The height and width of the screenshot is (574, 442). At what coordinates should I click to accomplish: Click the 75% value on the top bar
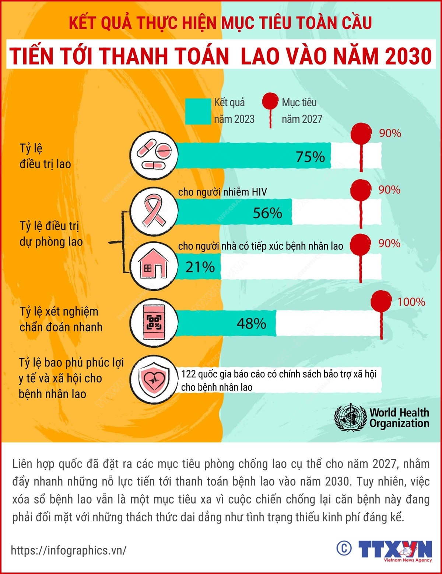[x=310, y=157]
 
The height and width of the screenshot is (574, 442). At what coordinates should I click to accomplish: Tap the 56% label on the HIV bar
[x=267, y=213]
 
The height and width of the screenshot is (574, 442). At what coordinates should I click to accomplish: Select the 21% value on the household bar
[x=200, y=267]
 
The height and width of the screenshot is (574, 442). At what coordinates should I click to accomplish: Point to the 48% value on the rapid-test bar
[x=251, y=324]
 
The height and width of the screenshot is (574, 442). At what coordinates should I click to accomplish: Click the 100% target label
[x=411, y=302]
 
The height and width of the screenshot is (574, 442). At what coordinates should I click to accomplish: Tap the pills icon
[x=154, y=156]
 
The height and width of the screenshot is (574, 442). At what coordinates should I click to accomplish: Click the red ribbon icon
[x=154, y=212]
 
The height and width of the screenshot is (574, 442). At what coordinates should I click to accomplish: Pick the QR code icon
[x=154, y=323]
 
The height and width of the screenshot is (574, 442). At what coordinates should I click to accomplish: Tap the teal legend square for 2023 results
[x=198, y=111]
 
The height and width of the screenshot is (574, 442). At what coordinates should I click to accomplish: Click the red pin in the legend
[x=270, y=101]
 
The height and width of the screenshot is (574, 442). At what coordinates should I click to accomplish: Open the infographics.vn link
[x=69, y=550]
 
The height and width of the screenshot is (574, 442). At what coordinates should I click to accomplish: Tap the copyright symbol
[x=344, y=548]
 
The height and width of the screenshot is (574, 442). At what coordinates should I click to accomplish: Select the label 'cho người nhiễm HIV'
[x=222, y=192]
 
